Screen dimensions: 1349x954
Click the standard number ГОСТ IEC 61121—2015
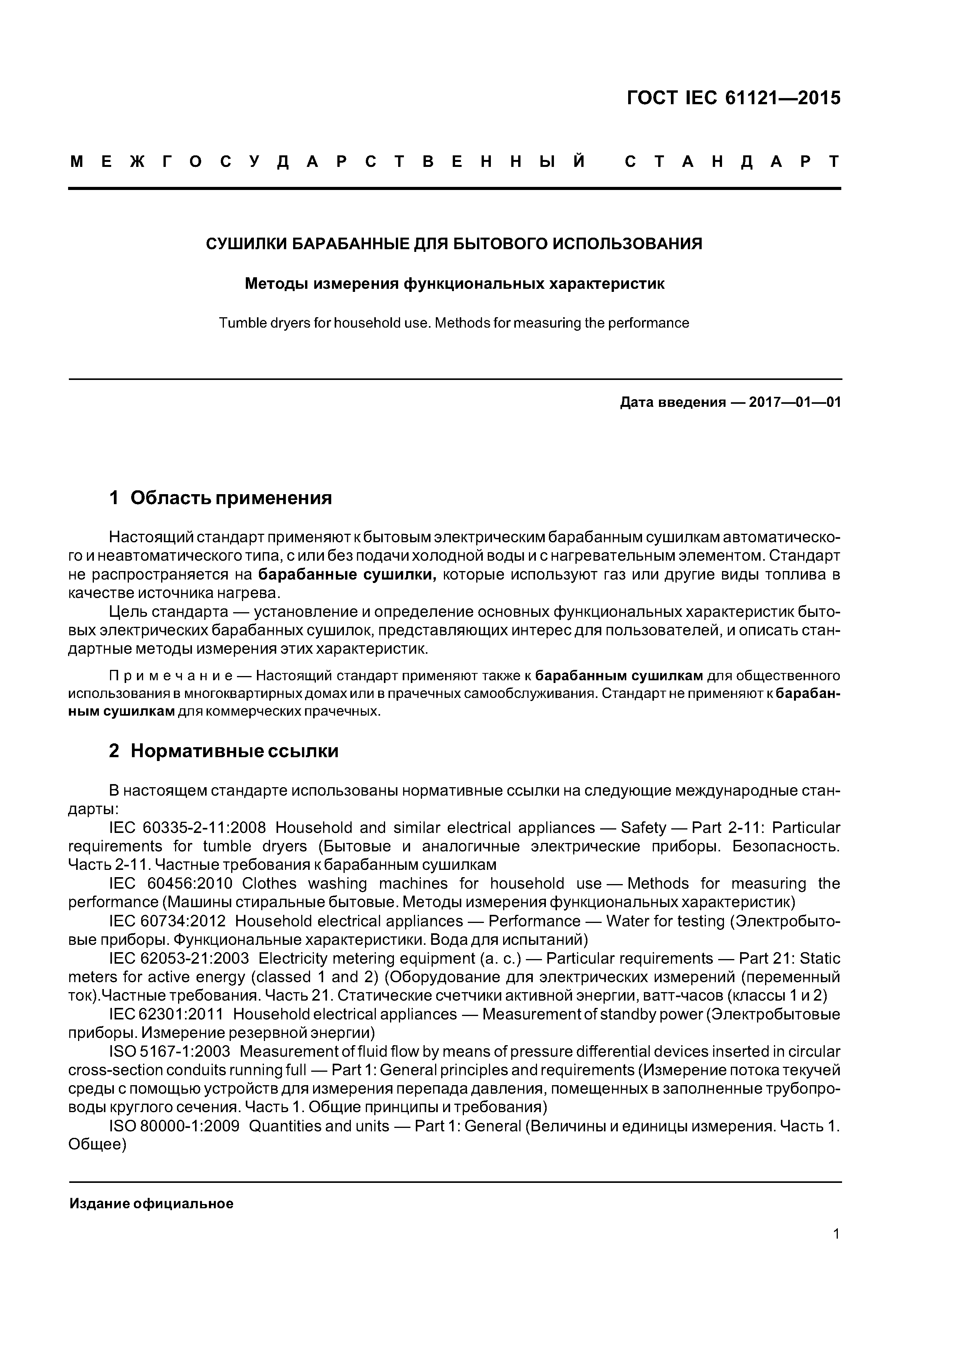pos(734,98)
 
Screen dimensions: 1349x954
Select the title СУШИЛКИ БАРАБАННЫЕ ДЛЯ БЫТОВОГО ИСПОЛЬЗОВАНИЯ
pos(454,243)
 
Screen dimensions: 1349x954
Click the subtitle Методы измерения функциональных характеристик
pos(454,284)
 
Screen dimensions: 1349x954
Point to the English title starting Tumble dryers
pos(454,323)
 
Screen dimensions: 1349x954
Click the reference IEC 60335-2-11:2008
pos(187,828)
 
